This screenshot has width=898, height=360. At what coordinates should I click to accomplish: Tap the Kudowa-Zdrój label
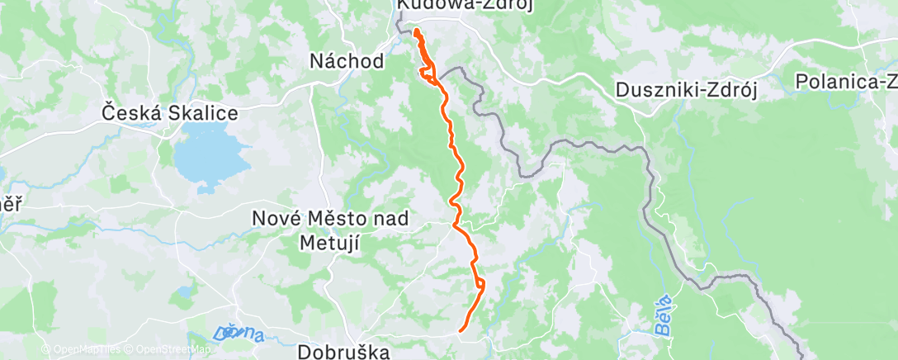pyautogui.click(x=464, y=6)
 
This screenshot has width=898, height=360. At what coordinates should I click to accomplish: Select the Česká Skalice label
pyautogui.click(x=169, y=112)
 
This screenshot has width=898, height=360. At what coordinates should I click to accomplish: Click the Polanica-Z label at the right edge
pyautogui.click(x=846, y=81)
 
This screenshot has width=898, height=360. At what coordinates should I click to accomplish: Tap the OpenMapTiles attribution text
pyautogui.click(x=82, y=349)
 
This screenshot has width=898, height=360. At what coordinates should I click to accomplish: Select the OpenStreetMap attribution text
pyautogui.click(x=168, y=349)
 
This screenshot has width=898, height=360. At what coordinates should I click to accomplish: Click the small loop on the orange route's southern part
pyautogui.click(x=480, y=286)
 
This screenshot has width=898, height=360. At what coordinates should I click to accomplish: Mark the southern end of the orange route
pyautogui.click(x=461, y=331)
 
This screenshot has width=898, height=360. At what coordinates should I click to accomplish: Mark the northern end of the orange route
pyautogui.click(x=415, y=31)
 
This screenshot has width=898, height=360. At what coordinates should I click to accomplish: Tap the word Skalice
pyautogui.click(x=203, y=112)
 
